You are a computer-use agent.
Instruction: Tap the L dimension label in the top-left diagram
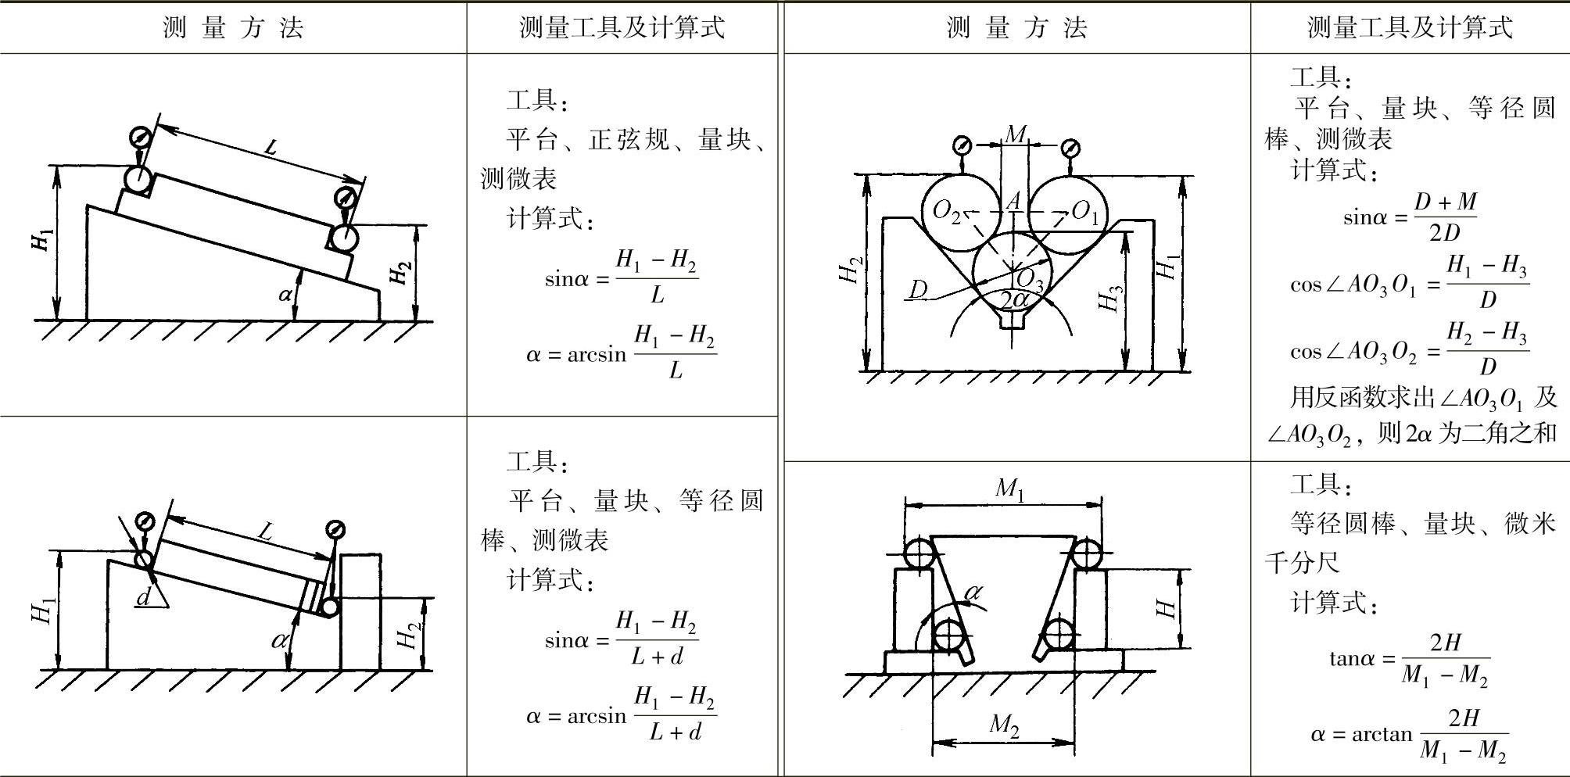(270, 146)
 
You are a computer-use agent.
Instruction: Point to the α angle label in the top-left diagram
(286, 295)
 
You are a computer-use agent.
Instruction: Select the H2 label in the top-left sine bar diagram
(400, 274)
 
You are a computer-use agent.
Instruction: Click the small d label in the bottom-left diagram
(144, 598)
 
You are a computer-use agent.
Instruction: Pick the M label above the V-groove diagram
(1015, 134)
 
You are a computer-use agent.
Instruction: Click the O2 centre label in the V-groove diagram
(946, 211)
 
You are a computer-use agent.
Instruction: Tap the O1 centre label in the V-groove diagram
(1084, 211)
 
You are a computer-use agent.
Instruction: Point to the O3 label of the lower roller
(1030, 279)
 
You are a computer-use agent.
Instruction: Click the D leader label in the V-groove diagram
(918, 290)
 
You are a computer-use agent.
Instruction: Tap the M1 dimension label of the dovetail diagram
(1009, 489)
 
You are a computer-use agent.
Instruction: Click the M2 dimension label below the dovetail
(1005, 725)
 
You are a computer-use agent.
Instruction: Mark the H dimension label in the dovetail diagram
(1167, 609)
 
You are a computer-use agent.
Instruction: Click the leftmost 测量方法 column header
(233, 28)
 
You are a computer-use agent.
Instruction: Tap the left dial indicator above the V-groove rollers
(962, 146)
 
